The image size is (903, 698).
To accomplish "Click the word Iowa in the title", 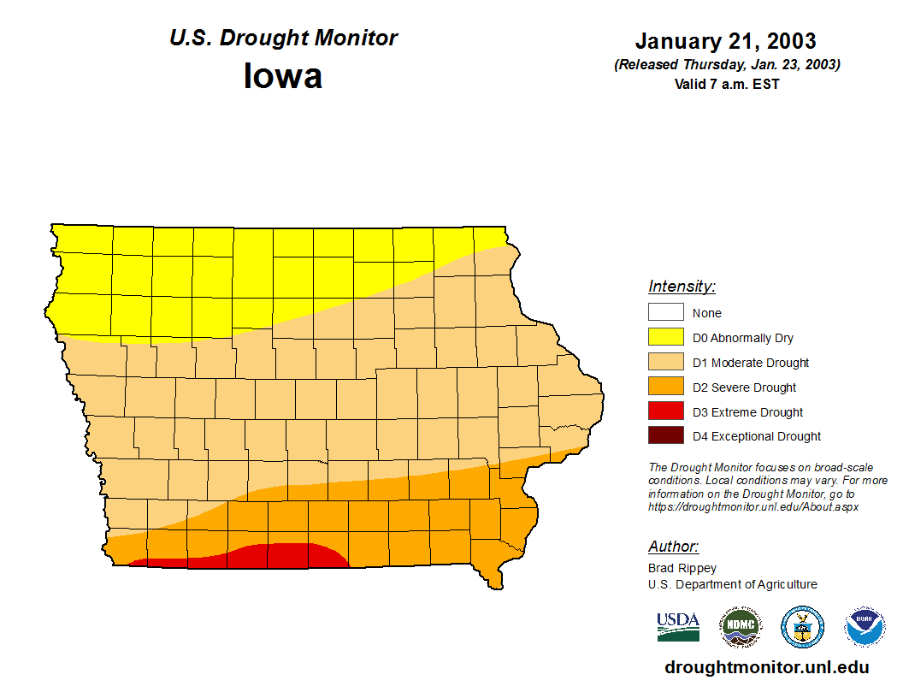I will pos(283,76).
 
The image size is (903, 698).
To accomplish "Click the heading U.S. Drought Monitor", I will pos(283,38).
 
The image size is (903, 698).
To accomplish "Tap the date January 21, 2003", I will pos(725,41).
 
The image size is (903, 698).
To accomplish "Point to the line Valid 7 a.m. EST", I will pos(726,84).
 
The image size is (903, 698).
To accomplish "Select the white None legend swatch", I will pos(665,313).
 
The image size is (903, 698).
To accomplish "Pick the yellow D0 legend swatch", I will pos(665,338).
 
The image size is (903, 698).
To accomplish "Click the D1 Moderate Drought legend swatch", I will pos(665,363).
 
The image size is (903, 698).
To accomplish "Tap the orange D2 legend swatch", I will pos(665,387).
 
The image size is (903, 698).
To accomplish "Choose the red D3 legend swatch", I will pos(665,412).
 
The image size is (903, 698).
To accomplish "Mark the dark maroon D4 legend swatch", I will pos(665,436).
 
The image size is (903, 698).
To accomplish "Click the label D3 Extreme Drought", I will pos(747,412).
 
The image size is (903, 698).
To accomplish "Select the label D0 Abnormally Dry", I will pos(742,338).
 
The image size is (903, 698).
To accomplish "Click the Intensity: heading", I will pos(682,287).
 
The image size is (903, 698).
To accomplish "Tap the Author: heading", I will pos(673,547).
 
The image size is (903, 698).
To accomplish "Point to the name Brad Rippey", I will pos(682,568).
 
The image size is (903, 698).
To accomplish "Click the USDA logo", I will pos(678,627).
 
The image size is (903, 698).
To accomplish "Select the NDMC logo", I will pos(740,627).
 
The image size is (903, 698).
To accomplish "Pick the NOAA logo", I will pos(865,627).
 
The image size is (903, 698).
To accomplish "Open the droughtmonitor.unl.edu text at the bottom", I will pos(766,668).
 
